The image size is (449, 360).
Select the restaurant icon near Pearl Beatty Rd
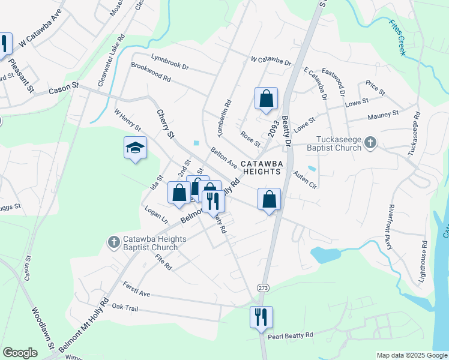pos(261,316)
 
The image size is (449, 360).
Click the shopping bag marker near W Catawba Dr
pos(266,99)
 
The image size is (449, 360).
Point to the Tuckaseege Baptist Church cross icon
pos(371,142)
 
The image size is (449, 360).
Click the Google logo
pos(20,353)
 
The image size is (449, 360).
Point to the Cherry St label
pos(165,122)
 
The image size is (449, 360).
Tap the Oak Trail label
pos(125,307)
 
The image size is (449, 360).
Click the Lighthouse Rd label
pos(424,262)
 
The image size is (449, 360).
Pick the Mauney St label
pos(383,114)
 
